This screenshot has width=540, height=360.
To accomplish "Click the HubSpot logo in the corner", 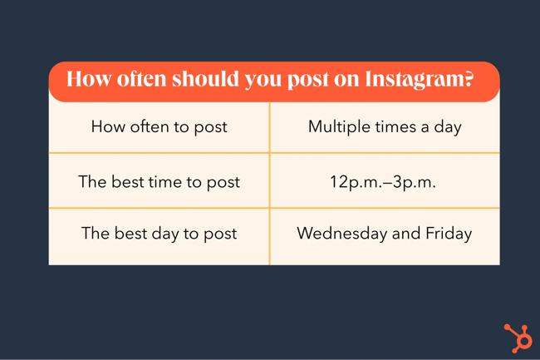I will pos(518,338).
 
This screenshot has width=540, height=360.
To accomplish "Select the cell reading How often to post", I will pos(159,127).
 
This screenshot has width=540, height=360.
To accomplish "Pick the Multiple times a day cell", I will pos(385,127).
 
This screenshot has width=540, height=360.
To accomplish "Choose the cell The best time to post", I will pos(159,181).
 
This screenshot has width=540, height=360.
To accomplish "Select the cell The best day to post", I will pos(159,234).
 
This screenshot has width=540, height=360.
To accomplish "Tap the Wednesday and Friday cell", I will pos(384,234).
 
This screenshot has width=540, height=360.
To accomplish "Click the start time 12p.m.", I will pos(355,181).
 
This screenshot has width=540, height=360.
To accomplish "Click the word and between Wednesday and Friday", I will pos(406,234).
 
